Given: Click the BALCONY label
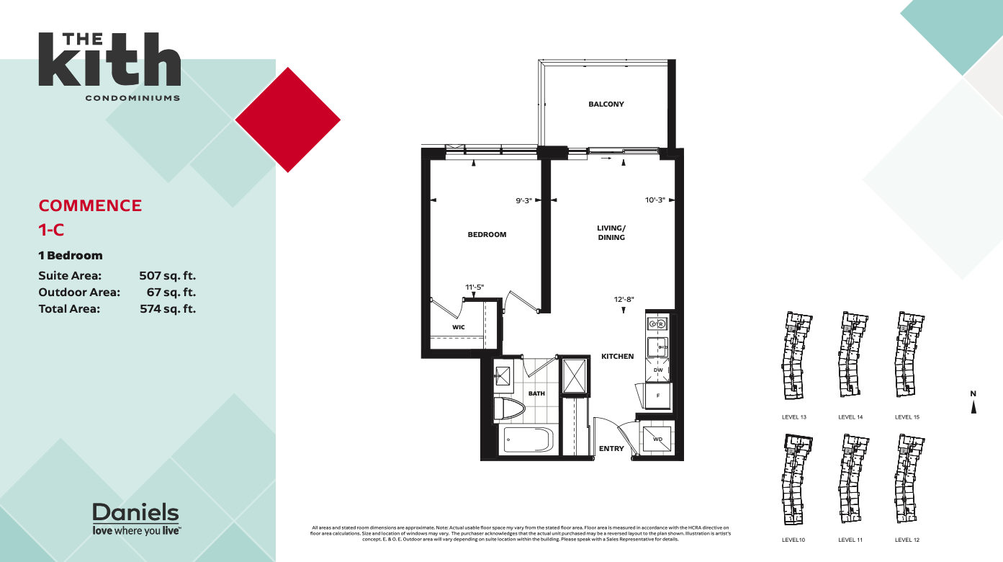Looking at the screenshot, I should (x=606, y=104).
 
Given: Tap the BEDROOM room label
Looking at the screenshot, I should (x=487, y=234).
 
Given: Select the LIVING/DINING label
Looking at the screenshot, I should (x=611, y=233).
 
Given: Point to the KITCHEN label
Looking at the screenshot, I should (x=617, y=357).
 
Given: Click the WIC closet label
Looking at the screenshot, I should (x=458, y=327).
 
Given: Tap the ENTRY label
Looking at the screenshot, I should (x=611, y=449).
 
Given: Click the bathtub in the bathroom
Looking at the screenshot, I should (x=527, y=439).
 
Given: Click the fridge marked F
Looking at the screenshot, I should (x=657, y=396).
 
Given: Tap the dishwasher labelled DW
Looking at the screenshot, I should (x=657, y=370).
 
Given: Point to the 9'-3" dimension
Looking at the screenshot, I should (x=523, y=201).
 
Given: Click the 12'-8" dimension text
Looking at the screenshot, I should (x=623, y=299).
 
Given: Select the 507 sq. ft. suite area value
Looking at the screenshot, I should (x=167, y=275).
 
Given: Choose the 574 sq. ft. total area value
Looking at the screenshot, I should (x=167, y=308).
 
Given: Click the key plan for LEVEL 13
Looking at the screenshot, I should (x=794, y=357).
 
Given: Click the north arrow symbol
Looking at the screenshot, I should (x=973, y=405).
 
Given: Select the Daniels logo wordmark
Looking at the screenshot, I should (x=135, y=513).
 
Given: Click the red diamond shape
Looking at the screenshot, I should (x=288, y=120).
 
